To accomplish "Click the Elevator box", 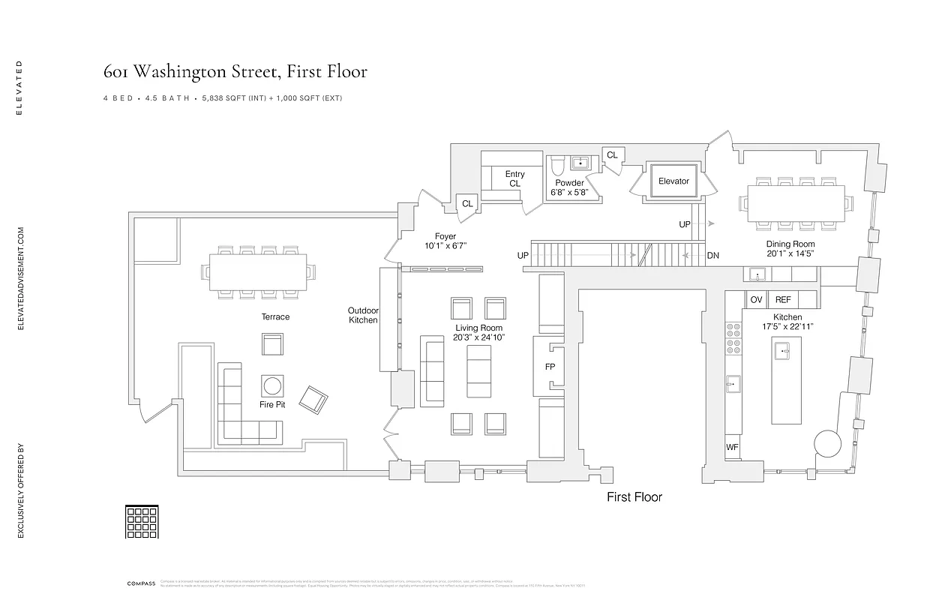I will (x=673, y=181).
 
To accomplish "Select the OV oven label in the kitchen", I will (x=756, y=299).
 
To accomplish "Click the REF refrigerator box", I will (x=783, y=299).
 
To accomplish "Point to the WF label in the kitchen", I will (x=733, y=448).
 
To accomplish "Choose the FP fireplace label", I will (x=550, y=367).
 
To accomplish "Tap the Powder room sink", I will (x=580, y=163).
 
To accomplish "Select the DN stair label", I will (x=712, y=256).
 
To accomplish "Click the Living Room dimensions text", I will (x=478, y=338).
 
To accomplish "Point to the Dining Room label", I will (x=790, y=244).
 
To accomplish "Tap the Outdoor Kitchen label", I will (x=363, y=315).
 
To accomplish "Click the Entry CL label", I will (x=514, y=178).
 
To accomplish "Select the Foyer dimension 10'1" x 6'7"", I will (x=445, y=246).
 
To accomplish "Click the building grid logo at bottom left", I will (x=141, y=522).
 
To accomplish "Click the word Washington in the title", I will (x=187, y=72).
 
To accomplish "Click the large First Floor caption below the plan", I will (x=634, y=496).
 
